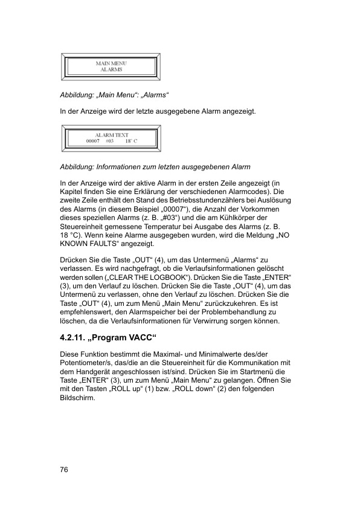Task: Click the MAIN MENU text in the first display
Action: click(111, 63)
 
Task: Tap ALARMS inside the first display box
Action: click(111, 70)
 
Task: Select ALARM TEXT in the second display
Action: click(112, 135)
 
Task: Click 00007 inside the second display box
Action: click(94, 141)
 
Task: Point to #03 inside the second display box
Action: click(109, 141)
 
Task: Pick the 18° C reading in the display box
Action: click(132, 141)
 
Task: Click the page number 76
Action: click(63, 469)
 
